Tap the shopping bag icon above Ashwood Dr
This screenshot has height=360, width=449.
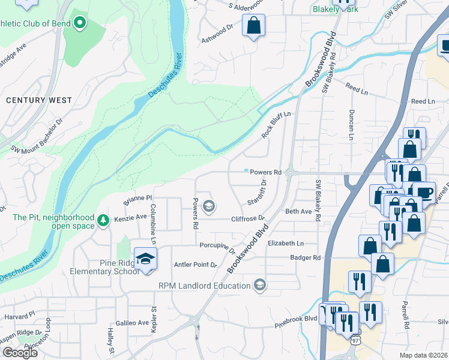(253, 26)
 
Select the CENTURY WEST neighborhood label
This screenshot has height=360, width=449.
(39, 100)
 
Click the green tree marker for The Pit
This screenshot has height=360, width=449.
(103, 221)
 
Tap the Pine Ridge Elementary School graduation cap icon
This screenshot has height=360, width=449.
(145, 259)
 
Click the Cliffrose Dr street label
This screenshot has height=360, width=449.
(248, 219)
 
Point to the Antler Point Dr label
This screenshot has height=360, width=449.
(195, 265)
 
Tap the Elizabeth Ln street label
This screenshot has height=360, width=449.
(286, 244)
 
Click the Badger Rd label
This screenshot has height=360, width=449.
(309, 257)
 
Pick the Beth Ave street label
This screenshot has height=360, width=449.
(298, 212)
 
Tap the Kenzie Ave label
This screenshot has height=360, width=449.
(131, 217)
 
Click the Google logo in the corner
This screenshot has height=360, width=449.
(20, 353)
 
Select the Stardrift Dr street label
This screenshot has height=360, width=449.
(257, 191)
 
